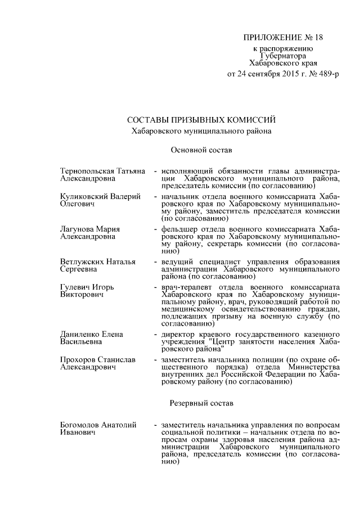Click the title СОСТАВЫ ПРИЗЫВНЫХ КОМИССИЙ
pyautogui.click(x=201, y=120)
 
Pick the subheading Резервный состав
pyautogui.click(x=201, y=403)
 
